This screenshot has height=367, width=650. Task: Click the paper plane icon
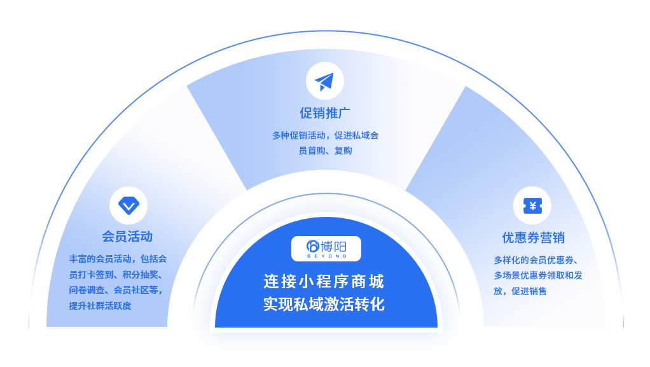coord(324,81)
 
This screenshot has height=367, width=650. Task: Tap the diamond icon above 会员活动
coord(128,205)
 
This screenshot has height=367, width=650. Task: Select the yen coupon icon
coord(532,205)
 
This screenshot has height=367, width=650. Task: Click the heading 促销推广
coord(325,113)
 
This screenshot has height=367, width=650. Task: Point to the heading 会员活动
coord(127,237)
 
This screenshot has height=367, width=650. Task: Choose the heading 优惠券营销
coord(533,238)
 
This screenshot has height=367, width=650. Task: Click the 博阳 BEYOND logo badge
coord(326,248)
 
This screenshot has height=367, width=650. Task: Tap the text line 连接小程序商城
coord(324,280)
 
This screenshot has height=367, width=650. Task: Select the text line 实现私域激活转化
coord(324,304)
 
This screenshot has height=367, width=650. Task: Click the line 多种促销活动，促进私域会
coord(325,135)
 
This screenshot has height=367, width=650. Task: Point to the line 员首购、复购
coord(325,151)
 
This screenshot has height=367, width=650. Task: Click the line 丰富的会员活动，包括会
coord(118,259)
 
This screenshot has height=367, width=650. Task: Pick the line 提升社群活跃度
coord(100,306)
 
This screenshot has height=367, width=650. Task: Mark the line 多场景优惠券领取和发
coord(537,275)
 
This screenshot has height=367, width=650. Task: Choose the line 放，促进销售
coord(520,291)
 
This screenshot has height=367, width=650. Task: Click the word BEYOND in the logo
coord(326,256)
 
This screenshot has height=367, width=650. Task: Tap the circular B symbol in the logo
coord(312,246)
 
